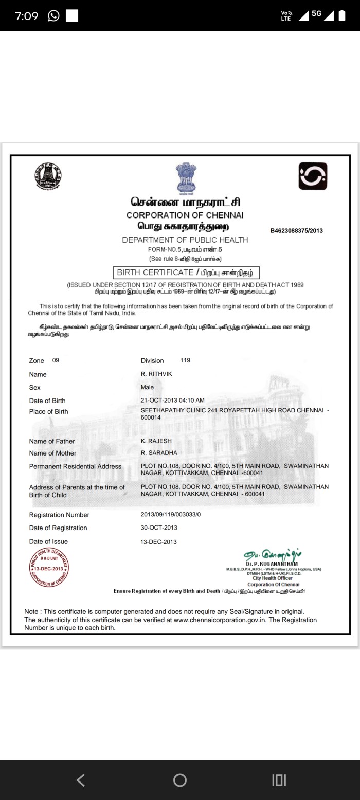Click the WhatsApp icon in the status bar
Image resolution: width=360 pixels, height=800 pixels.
click(53, 16)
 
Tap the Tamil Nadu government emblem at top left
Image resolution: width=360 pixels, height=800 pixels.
click(48, 176)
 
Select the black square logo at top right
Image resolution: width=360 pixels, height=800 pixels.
click(313, 176)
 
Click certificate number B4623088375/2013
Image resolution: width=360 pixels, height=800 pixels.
click(297, 231)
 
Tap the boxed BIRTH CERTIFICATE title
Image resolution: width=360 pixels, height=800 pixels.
click(186, 272)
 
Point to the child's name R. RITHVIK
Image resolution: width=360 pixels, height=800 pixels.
click(156, 374)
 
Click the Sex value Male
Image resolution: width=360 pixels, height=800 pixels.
click(147, 387)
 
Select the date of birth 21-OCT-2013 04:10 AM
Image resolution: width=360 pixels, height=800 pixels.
click(173, 400)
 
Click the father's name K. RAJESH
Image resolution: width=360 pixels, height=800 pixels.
click(156, 441)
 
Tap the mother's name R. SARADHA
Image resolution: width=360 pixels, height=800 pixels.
click(159, 453)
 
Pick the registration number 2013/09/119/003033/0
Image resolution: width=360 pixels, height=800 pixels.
click(171, 515)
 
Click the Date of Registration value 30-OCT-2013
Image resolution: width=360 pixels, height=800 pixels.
click(159, 528)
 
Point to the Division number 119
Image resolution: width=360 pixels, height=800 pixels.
click(185, 360)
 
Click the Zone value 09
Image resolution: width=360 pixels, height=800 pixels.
click(56, 360)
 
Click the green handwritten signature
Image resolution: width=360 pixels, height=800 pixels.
click(273, 554)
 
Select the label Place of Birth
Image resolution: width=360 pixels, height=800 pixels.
click(48, 411)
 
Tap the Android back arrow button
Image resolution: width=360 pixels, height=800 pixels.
click(80, 780)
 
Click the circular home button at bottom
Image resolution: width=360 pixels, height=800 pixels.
click(180, 780)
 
